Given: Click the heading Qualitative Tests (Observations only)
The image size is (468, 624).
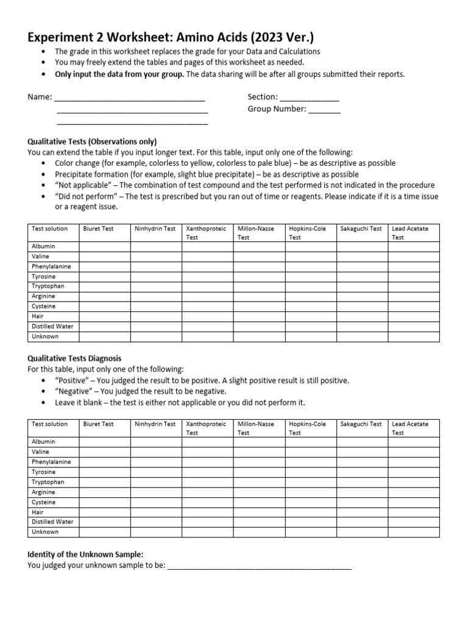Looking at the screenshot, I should [x=92, y=141].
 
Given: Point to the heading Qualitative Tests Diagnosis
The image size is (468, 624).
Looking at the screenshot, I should [x=74, y=358].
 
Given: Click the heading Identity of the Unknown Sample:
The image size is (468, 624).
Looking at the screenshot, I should [x=85, y=554].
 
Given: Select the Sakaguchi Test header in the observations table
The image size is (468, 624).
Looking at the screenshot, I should [x=361, y=229].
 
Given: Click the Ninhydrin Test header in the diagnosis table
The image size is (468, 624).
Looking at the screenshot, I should [x=155, y=424].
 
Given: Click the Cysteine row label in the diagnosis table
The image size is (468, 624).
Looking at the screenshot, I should [x=43, y=502].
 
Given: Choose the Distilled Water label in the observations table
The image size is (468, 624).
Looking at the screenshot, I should [x=52, y=327].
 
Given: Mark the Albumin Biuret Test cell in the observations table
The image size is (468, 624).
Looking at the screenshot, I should [x=104, y=246].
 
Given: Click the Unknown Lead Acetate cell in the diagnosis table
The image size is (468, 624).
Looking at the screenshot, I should [x=413, y=532].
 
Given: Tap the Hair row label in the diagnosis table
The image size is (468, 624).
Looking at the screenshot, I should [x=38, y=512].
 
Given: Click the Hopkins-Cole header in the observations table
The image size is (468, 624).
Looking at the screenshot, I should [x=308, y=229].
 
